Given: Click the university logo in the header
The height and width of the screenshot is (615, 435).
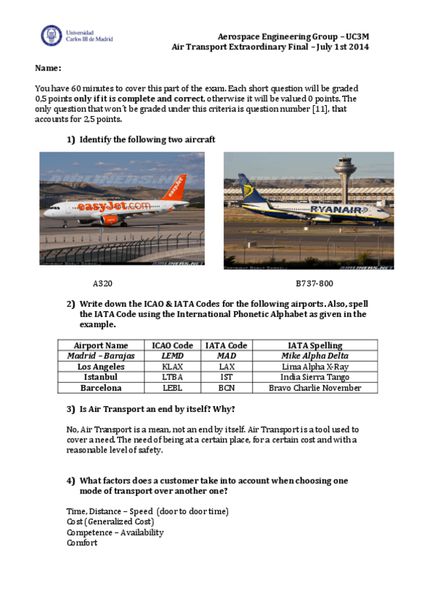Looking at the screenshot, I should pyautogui.click(x=52, y=36).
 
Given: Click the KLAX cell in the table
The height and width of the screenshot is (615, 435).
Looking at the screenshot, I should pyautogui.click(x=173, y=367).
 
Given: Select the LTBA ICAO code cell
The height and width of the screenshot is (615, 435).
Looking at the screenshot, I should pyautogui.click(x=173, y=377).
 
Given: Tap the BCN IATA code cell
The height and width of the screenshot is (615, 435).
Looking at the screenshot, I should pyautogui.click(x=227, y=388).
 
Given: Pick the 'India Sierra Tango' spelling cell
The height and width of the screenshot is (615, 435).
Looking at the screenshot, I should pyautogui.click(x=314, y=377).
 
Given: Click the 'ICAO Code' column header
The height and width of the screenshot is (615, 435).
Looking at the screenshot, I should pyautogui.click(x=173, y=345).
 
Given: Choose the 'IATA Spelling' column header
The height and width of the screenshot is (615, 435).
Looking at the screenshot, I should pyautogui.click(x=314, y=345).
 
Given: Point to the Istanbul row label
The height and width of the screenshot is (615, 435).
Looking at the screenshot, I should pyautogui.click(x=101, y=377).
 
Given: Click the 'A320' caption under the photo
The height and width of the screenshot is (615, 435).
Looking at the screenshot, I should pyautogui.click(x=102, y=284).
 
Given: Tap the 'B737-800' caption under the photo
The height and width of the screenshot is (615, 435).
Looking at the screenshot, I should pyautogui.click(x=314, y=284).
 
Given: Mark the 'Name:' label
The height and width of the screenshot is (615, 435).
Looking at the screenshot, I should pyautogui.click(x=48, y=68).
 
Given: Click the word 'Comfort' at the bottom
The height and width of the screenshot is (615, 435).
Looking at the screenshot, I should pyautogui.click(x=81, y=542).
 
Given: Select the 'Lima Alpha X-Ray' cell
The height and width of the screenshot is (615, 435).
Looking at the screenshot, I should pyautogui.click(x=314, y=367).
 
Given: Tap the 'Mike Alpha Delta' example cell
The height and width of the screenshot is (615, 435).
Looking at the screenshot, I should pyautogui.click(x=314, y=356).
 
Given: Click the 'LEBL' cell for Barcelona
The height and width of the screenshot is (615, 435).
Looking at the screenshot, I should pyautogui.click(x=173, y=388).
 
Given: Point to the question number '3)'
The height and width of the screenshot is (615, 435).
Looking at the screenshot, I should pyautogui.click(x=70, y=409).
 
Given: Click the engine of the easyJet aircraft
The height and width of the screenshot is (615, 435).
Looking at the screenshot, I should pyautogui.click(x=110, y=220).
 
